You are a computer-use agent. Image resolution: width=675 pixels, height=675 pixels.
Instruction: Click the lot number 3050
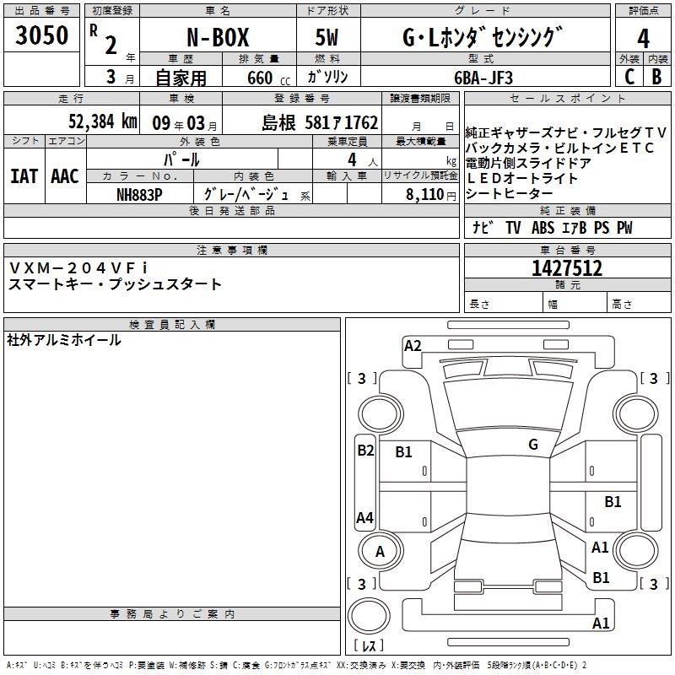pyautogui.click(x=41, y=35)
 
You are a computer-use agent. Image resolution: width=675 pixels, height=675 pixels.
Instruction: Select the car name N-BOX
pyautogui.click(x=218, y=37)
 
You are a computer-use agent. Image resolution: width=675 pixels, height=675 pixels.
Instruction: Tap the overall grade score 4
pyautogui.click(x=643, y=38)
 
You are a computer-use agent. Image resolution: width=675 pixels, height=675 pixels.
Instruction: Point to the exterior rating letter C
pyautogui.click(x=629, y=77)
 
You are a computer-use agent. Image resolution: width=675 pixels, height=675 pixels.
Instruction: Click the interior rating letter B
pyautogui.click(x=656, y=77)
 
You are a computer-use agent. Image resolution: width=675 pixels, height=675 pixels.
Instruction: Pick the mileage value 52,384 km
pyautogui.click(x=103, y=121)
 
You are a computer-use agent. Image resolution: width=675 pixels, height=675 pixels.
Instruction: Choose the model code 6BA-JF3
pyautogui.click(x=483, y=78)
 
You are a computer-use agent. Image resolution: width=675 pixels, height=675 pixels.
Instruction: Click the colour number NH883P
pyautogui.click(x=139, y=195)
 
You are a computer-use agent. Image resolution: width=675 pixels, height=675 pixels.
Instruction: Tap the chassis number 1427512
pyautogui.click(x=567, y=267)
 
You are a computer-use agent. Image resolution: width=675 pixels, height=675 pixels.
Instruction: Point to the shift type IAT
pyautogui.click(x=24, y=176)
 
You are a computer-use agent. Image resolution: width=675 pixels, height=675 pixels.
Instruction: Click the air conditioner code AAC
pyautogui.click(x=65, y=176)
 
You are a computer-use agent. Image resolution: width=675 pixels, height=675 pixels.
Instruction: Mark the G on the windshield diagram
pyautogui.click(x=533, y=445)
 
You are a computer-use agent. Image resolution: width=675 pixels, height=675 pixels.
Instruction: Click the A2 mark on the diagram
pyautogui.click(x=413, y=346)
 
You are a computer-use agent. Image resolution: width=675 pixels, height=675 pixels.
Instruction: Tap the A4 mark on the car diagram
pyautogui.click(x=364, y=517)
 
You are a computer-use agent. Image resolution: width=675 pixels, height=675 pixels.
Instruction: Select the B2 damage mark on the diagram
pyautogui.click(x=365, y=451)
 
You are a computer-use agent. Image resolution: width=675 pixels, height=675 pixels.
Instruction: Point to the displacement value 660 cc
pyautogui.click(x=268, y=78)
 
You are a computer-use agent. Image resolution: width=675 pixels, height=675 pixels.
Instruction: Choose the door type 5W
pyautogui.click(x=327, y=37)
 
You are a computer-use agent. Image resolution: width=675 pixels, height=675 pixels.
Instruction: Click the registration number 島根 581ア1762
pyautogui.click(x=320, y=122)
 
